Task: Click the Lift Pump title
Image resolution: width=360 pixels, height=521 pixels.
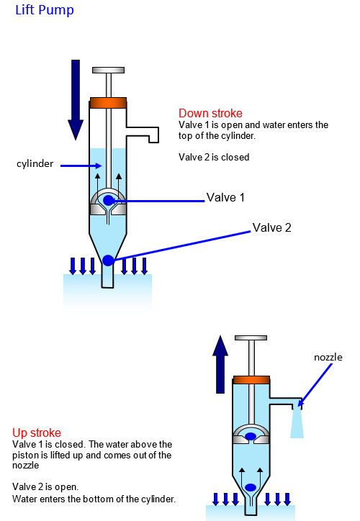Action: (45, 10)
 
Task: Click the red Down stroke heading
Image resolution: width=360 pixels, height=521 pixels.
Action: (210, 113)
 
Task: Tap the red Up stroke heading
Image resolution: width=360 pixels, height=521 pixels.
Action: (37, 432)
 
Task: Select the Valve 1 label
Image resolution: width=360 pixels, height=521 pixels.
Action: (225, 197)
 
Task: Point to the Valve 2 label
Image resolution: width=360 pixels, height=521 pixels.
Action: (271, 227)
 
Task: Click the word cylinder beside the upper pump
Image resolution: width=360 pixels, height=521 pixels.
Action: (35, 163)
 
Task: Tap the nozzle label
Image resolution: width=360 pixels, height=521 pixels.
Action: (328, 357)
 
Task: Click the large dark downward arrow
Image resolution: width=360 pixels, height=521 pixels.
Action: (76, 100)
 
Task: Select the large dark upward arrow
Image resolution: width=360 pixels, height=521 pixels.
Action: (220, 364)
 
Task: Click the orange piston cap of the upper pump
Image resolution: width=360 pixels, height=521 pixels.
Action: (108, 103)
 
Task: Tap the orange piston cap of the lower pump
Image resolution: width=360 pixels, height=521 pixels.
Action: (251, 380)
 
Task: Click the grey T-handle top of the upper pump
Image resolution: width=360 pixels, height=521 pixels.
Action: (109, 70)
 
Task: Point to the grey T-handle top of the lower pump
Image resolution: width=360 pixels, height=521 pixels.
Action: (251, 337)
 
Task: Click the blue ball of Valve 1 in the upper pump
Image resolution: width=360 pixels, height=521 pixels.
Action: (109, 200)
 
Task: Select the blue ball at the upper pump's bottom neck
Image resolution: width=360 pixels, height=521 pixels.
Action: (108, 260)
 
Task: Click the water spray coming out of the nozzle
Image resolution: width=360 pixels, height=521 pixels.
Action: (297, 423)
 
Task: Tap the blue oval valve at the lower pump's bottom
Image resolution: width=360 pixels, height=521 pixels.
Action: (251, 487)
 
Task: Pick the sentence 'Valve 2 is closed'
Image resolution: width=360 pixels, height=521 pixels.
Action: (214, 157)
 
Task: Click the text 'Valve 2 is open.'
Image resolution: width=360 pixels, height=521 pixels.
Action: (45, 486)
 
